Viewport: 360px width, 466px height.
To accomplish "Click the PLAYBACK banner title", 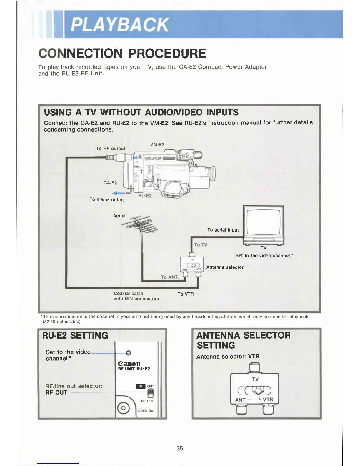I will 119,24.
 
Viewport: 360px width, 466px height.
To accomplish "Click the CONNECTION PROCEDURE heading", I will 122,54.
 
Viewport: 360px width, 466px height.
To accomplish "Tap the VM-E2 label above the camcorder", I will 157,144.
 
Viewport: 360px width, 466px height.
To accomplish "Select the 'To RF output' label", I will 111,149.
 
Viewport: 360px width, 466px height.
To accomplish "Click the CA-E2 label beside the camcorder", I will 110,183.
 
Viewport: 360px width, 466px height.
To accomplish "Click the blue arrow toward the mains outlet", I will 119,193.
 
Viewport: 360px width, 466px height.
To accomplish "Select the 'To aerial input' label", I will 223,230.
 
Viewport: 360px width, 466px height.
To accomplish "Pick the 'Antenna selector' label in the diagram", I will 225,267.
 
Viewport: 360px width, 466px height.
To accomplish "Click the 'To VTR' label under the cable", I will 186,294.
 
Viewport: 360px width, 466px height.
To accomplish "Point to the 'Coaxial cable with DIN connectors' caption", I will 136,296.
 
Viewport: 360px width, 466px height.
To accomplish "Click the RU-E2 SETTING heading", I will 75,336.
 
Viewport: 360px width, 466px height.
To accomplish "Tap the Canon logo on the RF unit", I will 129,364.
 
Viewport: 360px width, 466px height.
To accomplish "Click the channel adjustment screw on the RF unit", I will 128,353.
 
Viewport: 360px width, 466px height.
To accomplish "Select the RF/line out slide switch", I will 150,393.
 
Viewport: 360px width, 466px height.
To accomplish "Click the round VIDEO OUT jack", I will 124,408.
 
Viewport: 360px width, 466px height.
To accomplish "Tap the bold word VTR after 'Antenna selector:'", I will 254,356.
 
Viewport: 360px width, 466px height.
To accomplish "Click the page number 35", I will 180,448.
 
